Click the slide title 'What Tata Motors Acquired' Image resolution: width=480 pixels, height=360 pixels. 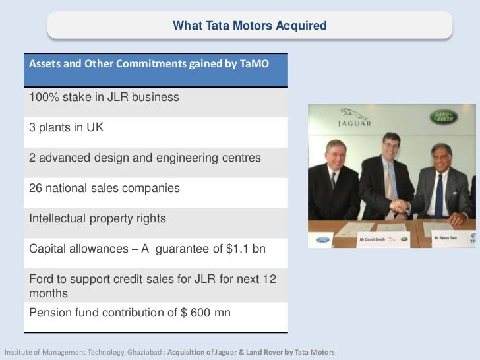(x=249, y=26)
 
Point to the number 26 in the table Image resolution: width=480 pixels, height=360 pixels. (x=36, y=188)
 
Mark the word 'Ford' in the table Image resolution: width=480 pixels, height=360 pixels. (x=42, y=279)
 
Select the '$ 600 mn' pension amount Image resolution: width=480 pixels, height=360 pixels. (x=206, y=313)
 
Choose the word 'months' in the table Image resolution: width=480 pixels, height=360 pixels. (x=47, y=293)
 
